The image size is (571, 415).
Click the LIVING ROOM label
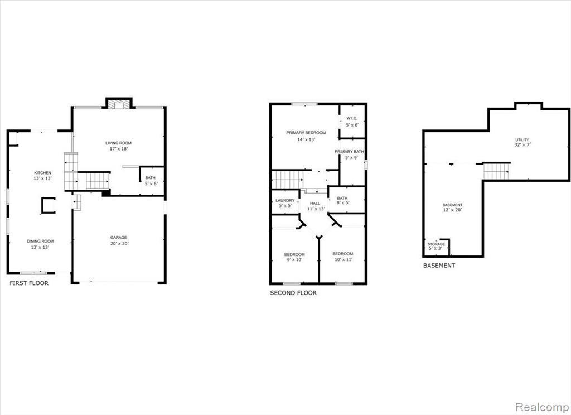coord(118,143)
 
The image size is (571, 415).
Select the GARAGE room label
coord(119,238)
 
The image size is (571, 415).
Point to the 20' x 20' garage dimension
coord(119,243)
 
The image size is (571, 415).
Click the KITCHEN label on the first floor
coord(42,173)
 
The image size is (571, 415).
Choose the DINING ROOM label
coord(40,241)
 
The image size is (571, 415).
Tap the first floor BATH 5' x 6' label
coord(151,181)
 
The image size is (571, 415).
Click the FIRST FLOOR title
coord(29,283)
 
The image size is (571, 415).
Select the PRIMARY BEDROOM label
coord(306,133)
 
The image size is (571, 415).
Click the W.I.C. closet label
coord(352,118)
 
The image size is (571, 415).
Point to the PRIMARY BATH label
coord(349,152)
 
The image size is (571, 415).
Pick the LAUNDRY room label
coord(285,201)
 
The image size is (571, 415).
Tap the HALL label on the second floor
coord(315,204)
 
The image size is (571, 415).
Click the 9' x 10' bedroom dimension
coord(294,260)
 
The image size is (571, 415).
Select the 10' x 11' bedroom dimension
coord(343,260)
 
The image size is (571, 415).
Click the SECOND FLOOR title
coord(293,293)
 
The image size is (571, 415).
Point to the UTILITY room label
coord(522,140)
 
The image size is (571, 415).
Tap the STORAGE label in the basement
coord(436,244)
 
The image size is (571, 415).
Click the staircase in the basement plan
coord(496,171)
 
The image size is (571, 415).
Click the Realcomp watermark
coord(542,406)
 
